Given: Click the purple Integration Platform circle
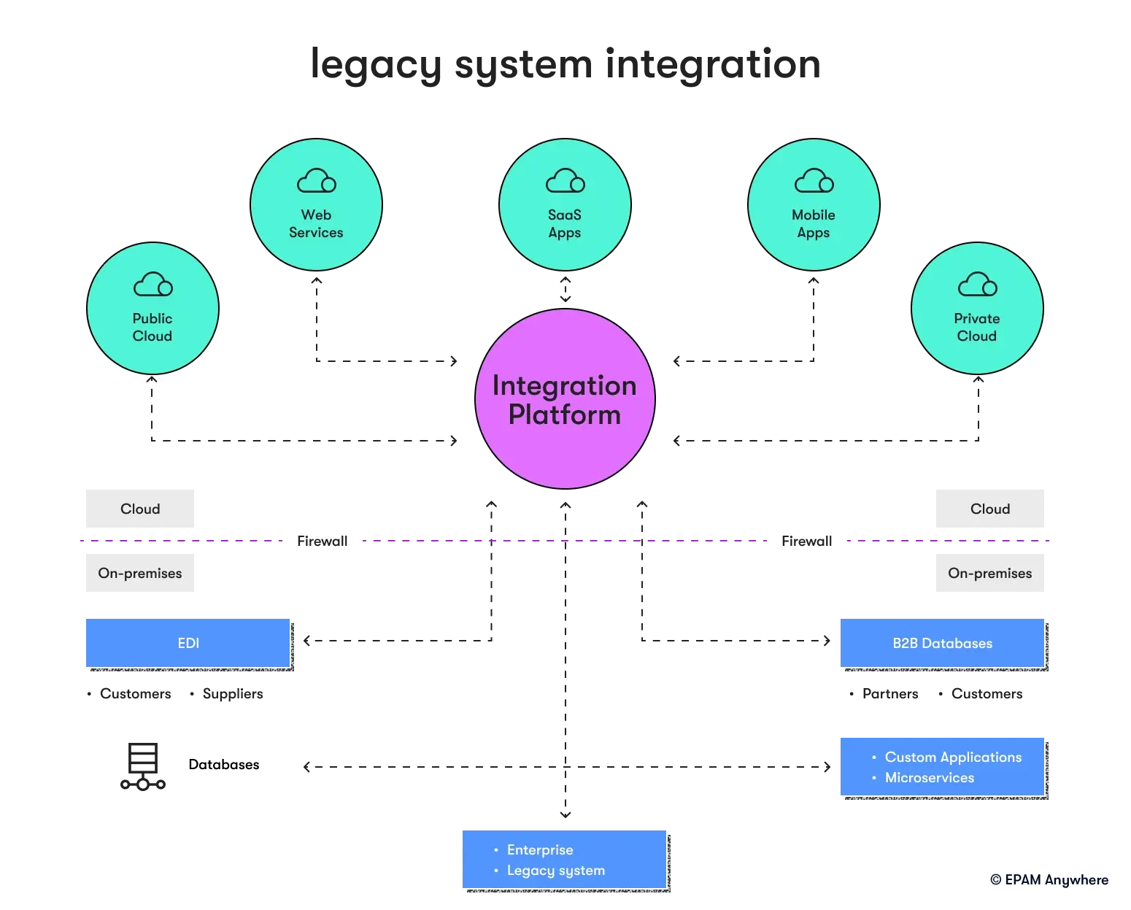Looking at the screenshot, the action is click(565, 399).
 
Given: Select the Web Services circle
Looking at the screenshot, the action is click(317, 204).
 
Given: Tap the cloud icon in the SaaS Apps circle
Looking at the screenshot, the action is click(565, 181).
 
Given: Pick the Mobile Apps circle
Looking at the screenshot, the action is click(814, 204).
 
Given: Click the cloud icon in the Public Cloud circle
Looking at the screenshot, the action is click(153, 285).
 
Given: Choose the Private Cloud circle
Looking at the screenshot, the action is click(978, 308).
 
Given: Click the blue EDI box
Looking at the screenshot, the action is click(188, 643).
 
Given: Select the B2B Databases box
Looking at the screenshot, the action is click(942, 643).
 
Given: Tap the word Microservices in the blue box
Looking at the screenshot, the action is click(929, 777).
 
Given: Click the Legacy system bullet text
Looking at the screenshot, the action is click(555, 871).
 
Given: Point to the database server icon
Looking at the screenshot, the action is click(143, 766).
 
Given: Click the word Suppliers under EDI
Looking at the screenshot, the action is click(233, 694).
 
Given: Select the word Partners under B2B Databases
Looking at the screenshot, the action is click(890, 694).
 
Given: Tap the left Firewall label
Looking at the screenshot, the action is click(323, 541).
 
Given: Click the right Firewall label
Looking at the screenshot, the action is click(807, 541).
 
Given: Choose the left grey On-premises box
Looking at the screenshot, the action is click(140, 573).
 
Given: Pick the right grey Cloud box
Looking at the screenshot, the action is click(990, 509).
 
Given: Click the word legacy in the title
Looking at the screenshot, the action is click(376, 66).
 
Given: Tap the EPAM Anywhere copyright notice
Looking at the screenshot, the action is click(1049, 880).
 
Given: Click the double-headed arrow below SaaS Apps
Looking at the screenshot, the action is click(565, 289).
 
